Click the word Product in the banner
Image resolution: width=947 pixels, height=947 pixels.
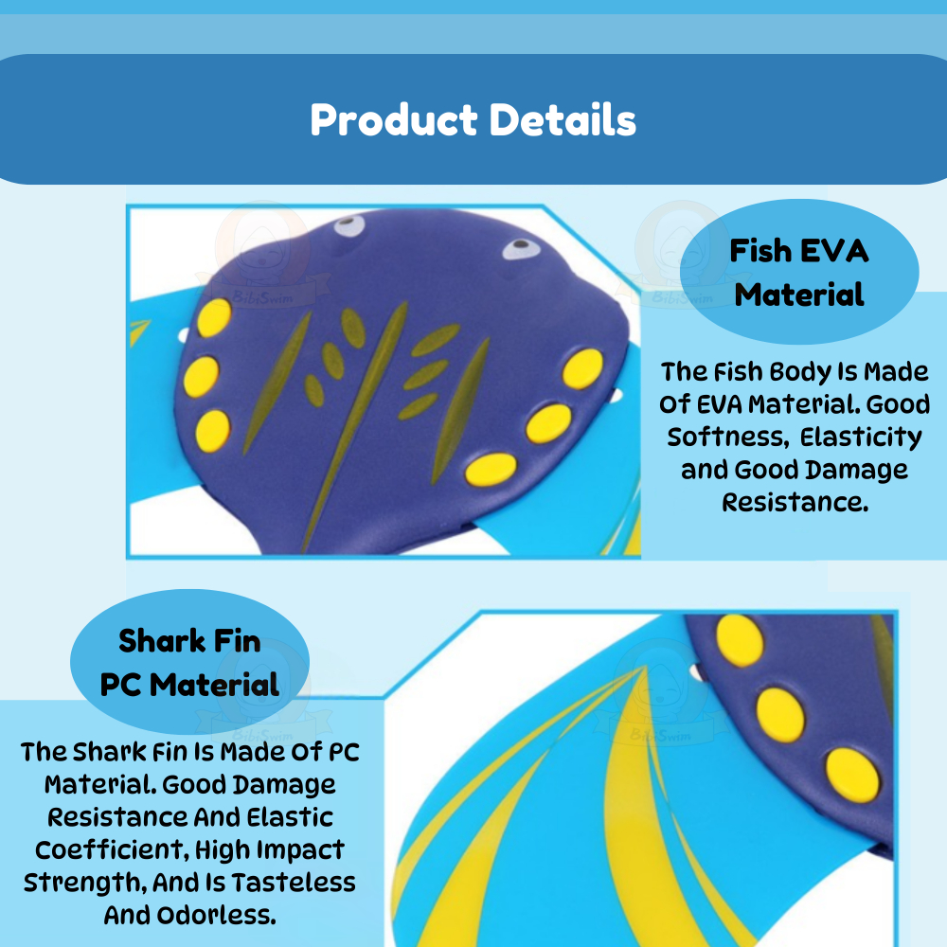point(394,120)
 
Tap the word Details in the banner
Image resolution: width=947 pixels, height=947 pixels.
point(563,119)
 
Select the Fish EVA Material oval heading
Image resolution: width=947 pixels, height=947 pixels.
point(799,272)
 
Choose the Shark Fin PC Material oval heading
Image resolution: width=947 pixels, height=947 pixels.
point(189,662)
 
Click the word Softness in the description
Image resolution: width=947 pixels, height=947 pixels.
point(727,437)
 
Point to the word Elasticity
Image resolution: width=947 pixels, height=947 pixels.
point(861,438)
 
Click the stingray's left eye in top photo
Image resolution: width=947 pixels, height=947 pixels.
point(349,226)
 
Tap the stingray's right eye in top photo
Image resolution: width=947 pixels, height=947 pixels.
point(521,247)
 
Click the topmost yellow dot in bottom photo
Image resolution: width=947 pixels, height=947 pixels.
point(740,640)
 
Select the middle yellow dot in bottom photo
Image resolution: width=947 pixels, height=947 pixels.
point(780,715)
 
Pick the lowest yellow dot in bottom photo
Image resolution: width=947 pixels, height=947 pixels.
point(852,775)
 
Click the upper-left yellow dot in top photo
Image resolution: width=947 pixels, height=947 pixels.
point(214,317)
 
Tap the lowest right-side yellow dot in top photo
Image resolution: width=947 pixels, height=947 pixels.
point(491,470)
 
